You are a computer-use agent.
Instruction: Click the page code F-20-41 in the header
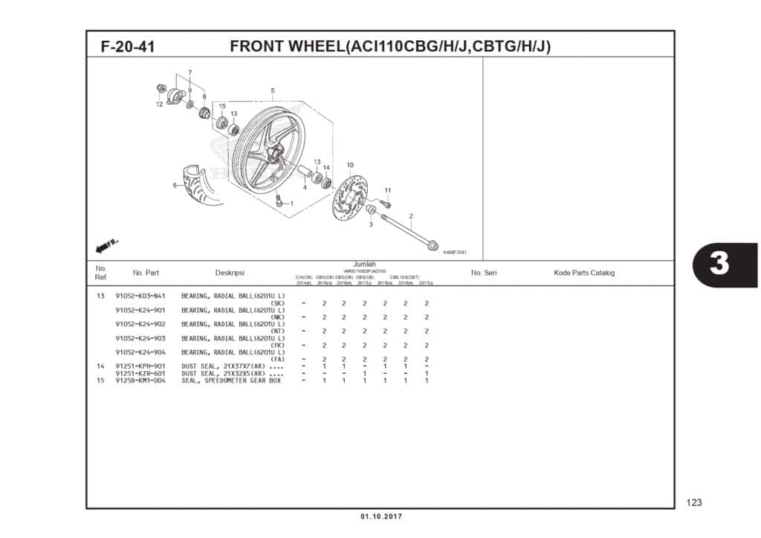coord(128,47)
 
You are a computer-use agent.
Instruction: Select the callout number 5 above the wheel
coord(273,91)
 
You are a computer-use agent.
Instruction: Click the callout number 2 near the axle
coord(410,216)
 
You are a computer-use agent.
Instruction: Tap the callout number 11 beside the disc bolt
coord(387,190)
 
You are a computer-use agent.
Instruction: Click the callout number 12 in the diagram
coord(159,105)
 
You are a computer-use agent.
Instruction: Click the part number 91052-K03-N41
coord(140,296)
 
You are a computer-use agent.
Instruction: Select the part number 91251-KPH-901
coord(140,366)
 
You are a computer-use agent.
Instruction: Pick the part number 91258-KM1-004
coord(140,380)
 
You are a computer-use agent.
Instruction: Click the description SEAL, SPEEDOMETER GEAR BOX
coord(231,380)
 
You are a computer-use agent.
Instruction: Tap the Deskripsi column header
coord(230,273)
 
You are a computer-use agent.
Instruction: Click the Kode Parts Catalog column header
coord(584,273)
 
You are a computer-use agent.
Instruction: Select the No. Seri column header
coord(484,273)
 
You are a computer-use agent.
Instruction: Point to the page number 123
coord(694,503)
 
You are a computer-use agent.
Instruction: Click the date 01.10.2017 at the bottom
coord(380,516)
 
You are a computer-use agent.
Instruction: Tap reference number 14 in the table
coord(100,366)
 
